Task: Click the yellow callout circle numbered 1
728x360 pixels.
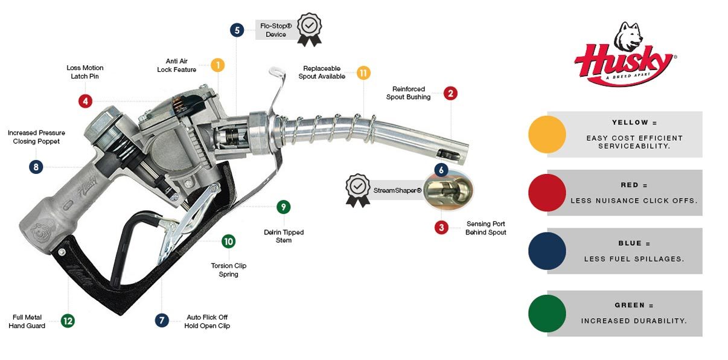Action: [217, 65]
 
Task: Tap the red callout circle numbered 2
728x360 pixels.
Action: [450, 93]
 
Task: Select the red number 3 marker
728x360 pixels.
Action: [442, 227]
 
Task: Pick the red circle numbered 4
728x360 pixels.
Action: [85, 101]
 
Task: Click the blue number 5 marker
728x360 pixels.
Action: [237, 30]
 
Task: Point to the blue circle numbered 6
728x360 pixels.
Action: [441, 170]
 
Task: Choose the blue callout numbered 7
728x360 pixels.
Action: [162, 320]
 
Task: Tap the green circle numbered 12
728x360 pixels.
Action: [68, 321]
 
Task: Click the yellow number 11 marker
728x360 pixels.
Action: [363, 72]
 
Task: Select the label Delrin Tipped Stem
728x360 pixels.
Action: [284, 236]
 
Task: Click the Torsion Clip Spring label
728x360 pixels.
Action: [228, 270]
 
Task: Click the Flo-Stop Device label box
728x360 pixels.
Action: [276, 30]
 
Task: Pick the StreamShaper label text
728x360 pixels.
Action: [397, 191]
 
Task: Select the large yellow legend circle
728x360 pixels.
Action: [547, 134]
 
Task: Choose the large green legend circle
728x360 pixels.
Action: [547, 313]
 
